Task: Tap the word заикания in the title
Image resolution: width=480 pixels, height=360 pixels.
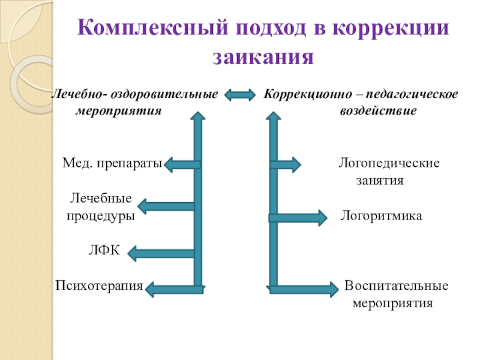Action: (x=264, y=57)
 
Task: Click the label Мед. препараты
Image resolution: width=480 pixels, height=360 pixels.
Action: (x=112, y=163)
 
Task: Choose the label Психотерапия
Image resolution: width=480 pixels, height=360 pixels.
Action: (x=99, y=286)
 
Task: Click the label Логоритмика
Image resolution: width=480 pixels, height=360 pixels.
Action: (x=382, y=215)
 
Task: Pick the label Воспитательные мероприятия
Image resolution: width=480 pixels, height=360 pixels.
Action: (x=395, y=294)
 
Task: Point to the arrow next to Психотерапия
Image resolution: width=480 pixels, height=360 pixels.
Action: (x=174, y=290)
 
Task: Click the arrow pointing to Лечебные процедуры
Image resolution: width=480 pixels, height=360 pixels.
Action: (x=165, y=207)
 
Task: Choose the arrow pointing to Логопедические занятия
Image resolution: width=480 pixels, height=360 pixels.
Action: (x=285, y=164)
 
